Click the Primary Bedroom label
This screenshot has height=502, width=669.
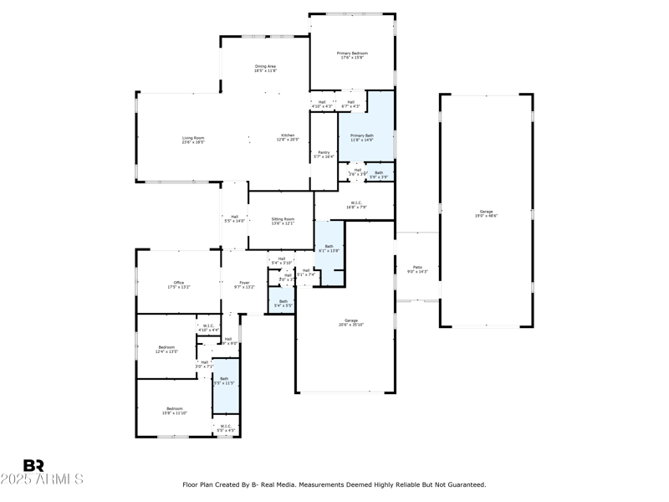click(352, 56)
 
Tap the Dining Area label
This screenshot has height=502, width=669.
click(265, 69)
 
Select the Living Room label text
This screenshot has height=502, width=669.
click(193, 141)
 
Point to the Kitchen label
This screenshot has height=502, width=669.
click(288, 137)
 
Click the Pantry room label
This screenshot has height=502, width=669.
click(324, 154)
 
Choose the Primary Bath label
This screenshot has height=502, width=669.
click(362, 137)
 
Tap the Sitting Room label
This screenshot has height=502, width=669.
click(283, 221)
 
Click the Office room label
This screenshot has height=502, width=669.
click(179, 284)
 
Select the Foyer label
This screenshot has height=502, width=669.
click(243, 284)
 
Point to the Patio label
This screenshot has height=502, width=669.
click(417, 269)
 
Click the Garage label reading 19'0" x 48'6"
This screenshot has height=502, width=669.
click(486, 213)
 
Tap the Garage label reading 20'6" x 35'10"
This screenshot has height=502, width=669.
click(351, 322)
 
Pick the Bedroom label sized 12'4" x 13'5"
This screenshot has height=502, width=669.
click(167, 349)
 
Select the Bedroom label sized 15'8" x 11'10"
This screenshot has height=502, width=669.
click(175, 411)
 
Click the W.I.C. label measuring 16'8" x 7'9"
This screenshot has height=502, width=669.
click(355, 204)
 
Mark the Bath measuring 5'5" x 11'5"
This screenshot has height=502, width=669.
click(224, 381)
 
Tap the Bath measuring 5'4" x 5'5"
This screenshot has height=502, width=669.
click(283, 303)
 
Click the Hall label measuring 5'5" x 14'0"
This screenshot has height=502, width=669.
click(234, 218)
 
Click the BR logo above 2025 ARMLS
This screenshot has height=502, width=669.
click(33, 465)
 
